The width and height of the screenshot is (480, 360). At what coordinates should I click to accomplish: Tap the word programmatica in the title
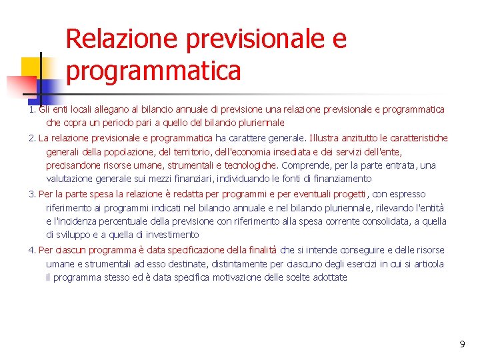153,70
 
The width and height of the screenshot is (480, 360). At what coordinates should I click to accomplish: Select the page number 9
462,344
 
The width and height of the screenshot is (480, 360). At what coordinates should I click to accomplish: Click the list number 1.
31,109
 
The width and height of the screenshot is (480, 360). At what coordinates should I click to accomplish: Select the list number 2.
31,138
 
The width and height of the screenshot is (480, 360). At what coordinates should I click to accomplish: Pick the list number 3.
31,194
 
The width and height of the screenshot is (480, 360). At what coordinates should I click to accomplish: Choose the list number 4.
31,250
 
